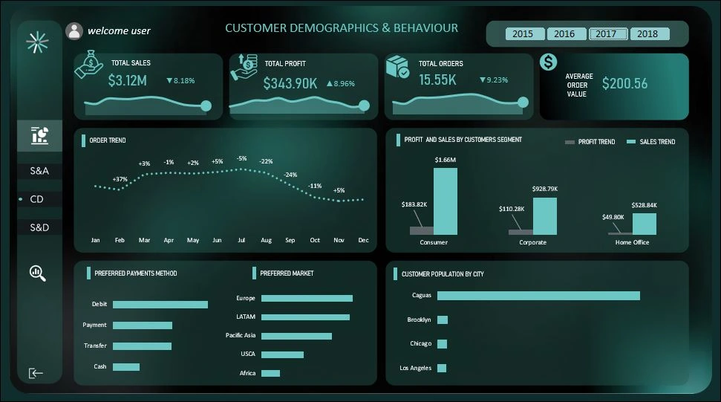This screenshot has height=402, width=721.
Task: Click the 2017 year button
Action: (606, 34)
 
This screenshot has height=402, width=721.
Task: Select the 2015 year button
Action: (523, 34)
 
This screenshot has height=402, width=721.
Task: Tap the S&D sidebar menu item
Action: (40, 227)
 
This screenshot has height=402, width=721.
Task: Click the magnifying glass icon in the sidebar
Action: (38, 273)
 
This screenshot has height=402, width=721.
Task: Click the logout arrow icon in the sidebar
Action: (36, 373)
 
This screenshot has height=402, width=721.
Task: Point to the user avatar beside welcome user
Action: (74, 30)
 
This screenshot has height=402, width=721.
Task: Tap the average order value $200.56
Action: (624, 83)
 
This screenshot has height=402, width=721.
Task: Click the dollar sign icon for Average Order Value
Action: (549, 62)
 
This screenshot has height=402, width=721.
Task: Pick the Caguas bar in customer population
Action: (538, 296)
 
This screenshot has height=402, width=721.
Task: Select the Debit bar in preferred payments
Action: (160, 305)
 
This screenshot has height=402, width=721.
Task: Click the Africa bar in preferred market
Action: (270, 373)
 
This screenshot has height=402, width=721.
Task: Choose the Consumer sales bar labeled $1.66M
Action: (446, 201)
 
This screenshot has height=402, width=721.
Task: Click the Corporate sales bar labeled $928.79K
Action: (544, 215)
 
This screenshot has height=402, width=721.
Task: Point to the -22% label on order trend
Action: (266, 161)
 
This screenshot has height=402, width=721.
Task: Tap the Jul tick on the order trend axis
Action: (241, 241)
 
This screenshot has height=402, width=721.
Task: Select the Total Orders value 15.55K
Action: (437, 80)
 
